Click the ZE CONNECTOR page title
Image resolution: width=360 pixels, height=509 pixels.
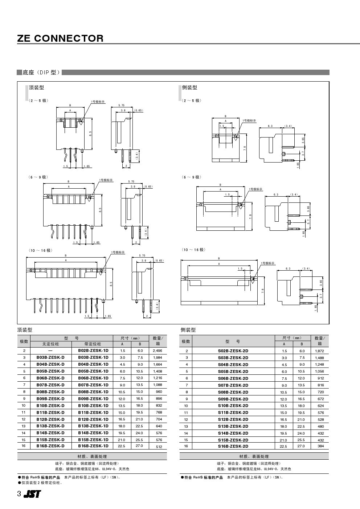click(x=60, y=38)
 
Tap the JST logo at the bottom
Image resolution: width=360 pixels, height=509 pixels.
click(x=32, y=494)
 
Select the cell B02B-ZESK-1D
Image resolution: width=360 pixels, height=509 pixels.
click(x=93, y=350)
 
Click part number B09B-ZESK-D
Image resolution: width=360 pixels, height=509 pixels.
click(x=50, y=398)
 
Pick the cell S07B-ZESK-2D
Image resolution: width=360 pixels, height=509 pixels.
click(x=233, y=385)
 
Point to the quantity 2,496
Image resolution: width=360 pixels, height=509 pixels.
click(x=157, y=351)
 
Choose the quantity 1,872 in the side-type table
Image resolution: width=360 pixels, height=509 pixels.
click(x=320, y=351)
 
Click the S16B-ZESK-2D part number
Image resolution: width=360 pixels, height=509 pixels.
click(x=233, y=446)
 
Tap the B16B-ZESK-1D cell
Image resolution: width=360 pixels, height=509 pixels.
click(x=93, y=446)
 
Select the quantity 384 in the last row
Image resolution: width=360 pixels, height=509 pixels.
click(x=320, y=446)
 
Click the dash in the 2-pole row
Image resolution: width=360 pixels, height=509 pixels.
click(x=50, y=351)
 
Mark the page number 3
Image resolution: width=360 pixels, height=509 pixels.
click(x=19, y=494)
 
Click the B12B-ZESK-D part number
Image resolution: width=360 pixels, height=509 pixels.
click(x=50, y=419)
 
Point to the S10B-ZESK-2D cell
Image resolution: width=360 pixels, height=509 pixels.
click(x=233, y=406)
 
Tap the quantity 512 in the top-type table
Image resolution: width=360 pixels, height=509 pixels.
click(x=159, y=447)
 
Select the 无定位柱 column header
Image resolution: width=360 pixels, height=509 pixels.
click(x=50, y=344)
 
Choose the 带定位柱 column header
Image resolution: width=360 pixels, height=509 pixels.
click(x=93, y=344)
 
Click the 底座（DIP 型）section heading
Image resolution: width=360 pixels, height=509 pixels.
click(x=41, y=73)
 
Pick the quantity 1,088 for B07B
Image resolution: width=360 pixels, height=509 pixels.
click(x=157, y=385)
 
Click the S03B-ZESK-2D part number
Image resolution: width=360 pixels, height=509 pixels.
click(x=233, y=358)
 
